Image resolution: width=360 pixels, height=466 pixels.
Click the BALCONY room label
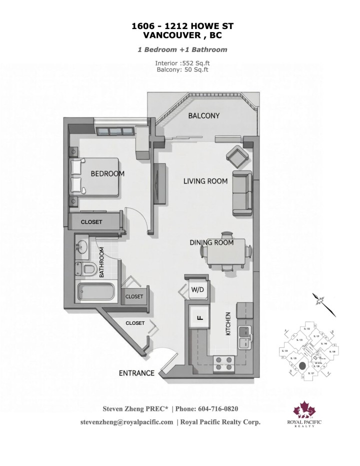[203, 116]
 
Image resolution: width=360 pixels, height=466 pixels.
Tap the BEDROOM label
[107, 174]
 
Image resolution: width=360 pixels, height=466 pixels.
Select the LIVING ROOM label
[205, 181]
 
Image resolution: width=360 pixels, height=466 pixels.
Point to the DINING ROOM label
[211, 242]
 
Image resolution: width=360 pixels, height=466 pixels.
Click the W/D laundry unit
[195, 289]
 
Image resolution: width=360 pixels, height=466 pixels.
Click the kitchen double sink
[244, 336]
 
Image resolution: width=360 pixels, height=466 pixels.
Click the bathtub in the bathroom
[96, 292]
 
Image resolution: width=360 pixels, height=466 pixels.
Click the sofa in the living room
[242, 193]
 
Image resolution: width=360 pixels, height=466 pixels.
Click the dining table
[226, 252]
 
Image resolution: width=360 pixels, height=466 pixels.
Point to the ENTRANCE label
[136, 373]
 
